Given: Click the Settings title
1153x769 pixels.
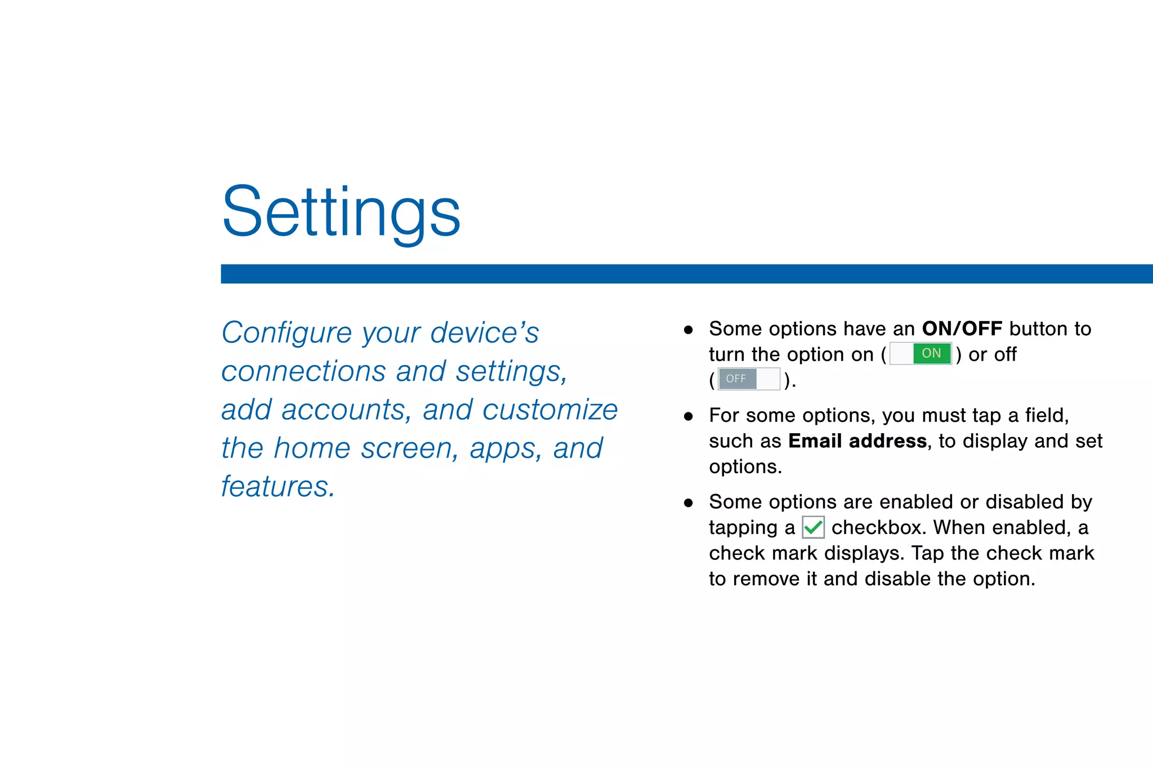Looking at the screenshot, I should pos(341,213).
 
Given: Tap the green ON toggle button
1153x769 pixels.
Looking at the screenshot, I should pos(920,354).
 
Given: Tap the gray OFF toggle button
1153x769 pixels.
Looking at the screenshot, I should pos(749,379).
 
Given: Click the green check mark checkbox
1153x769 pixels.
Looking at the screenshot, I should pos(813,528).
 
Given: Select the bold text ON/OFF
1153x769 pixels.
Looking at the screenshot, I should pos(962,328).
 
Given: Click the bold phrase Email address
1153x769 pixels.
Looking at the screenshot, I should pos(857,441).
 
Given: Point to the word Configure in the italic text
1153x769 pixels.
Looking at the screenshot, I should pos(286,332).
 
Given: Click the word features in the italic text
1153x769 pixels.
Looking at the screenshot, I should pos(277,486).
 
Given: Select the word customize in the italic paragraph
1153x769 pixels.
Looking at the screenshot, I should pos(549,410).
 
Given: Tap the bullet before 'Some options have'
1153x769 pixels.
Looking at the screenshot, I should pos(688,330).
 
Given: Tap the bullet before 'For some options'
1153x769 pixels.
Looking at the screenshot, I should pos(688,417).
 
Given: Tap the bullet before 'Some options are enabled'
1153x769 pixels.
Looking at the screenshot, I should pos(688,503).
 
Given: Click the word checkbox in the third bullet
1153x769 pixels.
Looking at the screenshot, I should pos(878,528).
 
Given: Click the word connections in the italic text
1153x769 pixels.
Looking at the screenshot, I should pos(303,371).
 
